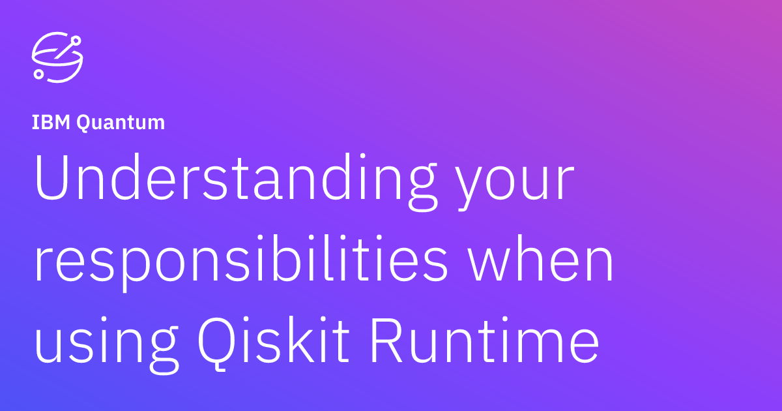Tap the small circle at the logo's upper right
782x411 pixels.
[x=76, y=40]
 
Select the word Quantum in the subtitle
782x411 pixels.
[x=121, y=123]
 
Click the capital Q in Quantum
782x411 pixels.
[x=85, y=123]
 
